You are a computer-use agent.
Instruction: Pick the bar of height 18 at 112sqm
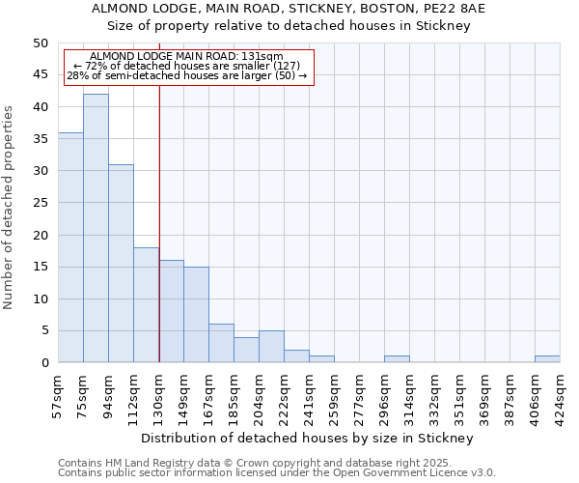[146, 304]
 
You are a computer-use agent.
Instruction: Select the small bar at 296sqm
[397, 359]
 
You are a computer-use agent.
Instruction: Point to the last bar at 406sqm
[547, 359]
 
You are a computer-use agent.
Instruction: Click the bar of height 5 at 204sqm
[271, 347]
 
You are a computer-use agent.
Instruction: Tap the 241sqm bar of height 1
[321, 359]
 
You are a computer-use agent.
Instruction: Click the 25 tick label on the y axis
[40, 203]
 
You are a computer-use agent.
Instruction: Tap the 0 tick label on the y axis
[43, 363]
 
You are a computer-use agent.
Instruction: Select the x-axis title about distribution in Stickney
[314, 439]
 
